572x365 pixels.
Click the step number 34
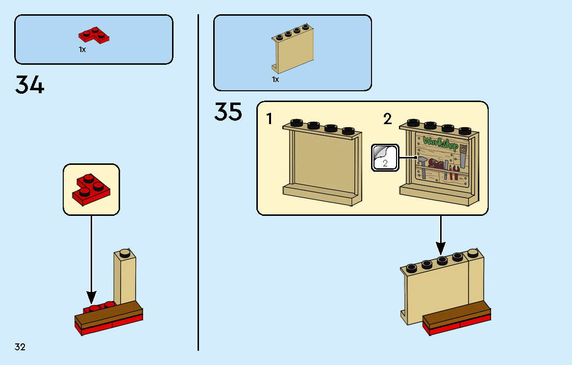click(29, 85)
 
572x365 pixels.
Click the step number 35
click(228, 111)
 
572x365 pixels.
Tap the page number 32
click(20, 347)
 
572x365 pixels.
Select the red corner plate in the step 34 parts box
click(94, 35)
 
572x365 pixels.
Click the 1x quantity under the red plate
click(82, 49)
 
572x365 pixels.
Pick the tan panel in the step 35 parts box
click(293, 48)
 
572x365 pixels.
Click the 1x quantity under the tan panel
click(275, 79)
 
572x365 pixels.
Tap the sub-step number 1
click(270, 119)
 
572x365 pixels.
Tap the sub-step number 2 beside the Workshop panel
click(387, 119)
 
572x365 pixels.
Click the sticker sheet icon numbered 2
click(385, 157)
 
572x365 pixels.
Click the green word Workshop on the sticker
click(440, 143)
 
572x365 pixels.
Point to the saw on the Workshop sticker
click(463, 156)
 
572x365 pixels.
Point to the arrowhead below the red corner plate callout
click(91, 297)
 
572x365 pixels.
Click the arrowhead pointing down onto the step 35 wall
click(441, 249)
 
